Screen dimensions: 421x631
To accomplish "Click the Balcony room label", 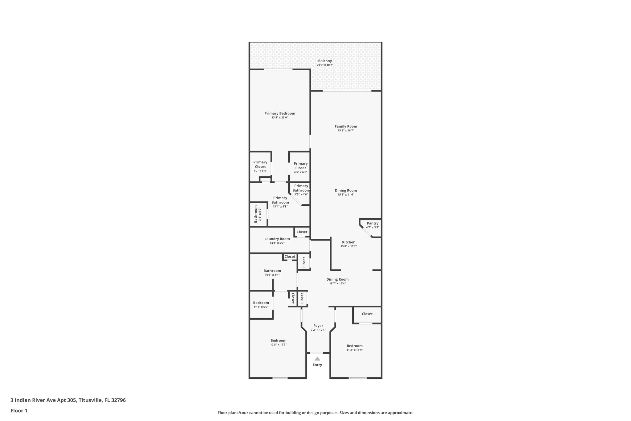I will pyautogui.click(x=325, y=61).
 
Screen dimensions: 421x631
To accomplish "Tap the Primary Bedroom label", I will pyautogui.click(x=279, y=114).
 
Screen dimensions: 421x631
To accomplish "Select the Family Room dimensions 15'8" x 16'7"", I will pyautogui.click(x=346, y=130).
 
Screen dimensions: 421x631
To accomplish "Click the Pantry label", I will pyautogui.click(x=372, y=223).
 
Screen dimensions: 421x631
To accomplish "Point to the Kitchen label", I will pyautogui.click(x=348, y=242).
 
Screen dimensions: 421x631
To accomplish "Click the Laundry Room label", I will pyautogui.click(x=277, y=239).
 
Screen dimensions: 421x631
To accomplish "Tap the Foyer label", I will pyautogui.click(x=318, y=326).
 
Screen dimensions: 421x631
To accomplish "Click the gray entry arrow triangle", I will pyautogui.click(x=317, y=359).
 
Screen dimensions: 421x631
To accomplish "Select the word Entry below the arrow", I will pyautogui.click(x=317, y=365).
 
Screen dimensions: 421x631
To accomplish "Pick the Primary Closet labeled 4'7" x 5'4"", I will pyautogui.click(x=260, y=165).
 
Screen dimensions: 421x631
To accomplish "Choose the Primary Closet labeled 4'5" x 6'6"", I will pyautogui.click(x=300, y=166).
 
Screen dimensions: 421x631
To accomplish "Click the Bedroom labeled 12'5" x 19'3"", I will pyautogui.click(x=278, y=341).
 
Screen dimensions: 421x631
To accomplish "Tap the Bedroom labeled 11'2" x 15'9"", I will pyautogui.click(x=355, y=346).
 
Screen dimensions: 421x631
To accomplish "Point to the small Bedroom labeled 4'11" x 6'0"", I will pyautogui.click(x=261, y=303).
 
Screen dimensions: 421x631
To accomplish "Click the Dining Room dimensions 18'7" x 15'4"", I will pyautogui.click(x=337, y=283).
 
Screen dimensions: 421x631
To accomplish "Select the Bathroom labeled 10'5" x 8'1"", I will pyautogui.click(x=272, y=271).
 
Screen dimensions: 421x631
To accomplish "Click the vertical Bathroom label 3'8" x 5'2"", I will pyautogui.click(x=256, y=214).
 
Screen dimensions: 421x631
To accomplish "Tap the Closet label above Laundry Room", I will pyautogui.click(x=302, y=232).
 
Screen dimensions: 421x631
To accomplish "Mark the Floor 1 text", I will pyautogui.click(x=19, y=411).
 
